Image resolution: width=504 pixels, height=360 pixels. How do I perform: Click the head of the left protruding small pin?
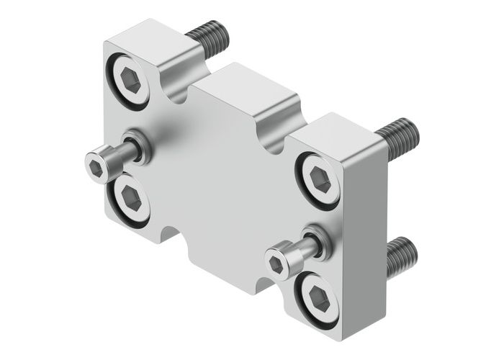pyautogui.click(x=99, y=165)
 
